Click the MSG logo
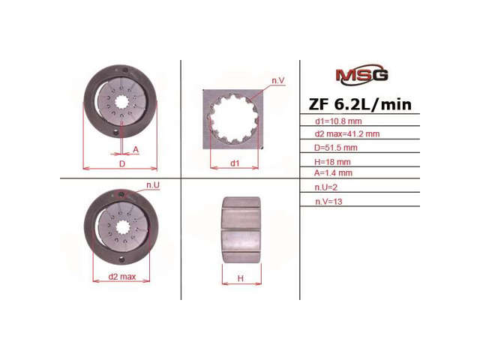361,75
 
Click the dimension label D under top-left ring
121,162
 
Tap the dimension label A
136,150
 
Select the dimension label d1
235,162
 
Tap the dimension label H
241,278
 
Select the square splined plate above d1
234,118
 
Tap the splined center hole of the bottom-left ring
120,227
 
